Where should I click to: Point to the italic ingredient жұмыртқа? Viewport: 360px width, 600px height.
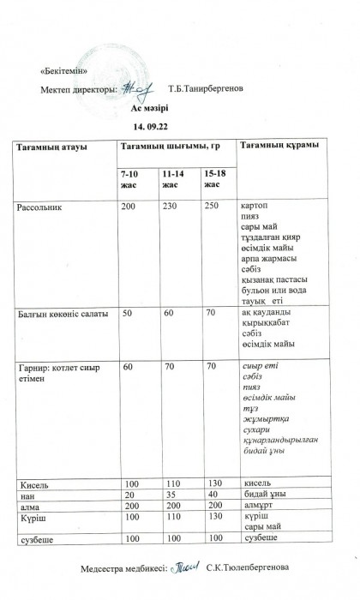[265, 419]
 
